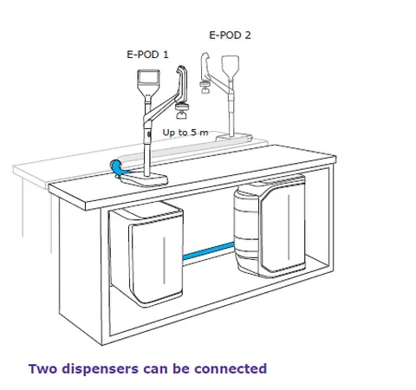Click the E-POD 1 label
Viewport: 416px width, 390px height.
tap(147, 55)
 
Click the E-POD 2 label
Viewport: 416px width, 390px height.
tap(230, 36)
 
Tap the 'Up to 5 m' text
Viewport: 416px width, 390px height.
tap(185, 133)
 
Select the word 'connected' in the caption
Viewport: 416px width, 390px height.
tap(231, 369)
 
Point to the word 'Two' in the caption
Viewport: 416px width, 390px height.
tap(42, 369)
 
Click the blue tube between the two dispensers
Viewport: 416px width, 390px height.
tap(208, 251)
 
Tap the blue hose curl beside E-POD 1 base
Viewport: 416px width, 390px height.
tap(117, 168)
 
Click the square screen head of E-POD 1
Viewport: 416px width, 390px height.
tap(148, 78)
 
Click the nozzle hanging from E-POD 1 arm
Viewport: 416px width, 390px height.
tap(182, 111)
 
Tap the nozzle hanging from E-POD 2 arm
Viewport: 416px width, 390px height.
tap(205, 88)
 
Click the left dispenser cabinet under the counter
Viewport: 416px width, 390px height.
tap(146, 254)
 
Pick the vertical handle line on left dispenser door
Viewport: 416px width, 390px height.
tap(165, 260)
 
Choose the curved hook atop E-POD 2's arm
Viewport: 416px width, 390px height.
tap(205, 66)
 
